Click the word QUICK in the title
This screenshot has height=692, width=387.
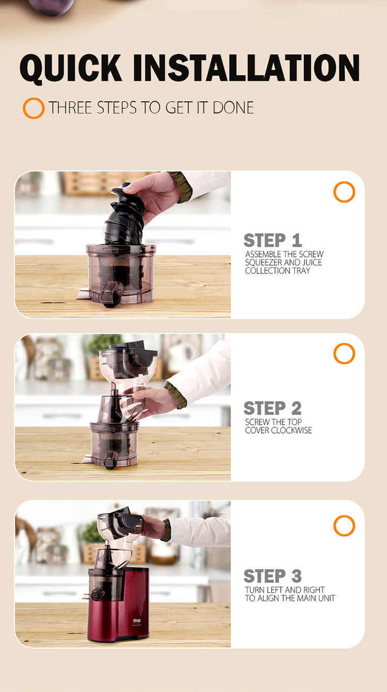70,69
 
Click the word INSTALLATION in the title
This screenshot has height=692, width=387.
247,68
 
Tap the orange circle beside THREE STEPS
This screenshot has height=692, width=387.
34,108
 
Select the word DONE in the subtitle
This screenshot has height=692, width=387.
233,107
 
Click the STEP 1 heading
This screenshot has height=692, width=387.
273,240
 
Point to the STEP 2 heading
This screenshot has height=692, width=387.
272,408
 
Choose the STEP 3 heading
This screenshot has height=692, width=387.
272,576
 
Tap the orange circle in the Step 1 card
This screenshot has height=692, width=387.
344,192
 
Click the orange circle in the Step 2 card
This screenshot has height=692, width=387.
344,353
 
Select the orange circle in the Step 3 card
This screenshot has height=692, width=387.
344,525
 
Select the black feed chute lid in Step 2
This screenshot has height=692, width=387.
133,352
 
